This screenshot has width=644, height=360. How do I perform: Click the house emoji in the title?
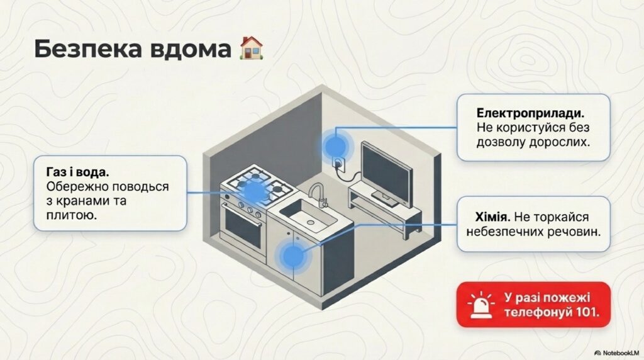pos(252,48)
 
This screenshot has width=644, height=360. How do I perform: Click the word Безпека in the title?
pos(81,48)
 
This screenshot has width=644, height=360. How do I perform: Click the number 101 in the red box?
pos(586,312)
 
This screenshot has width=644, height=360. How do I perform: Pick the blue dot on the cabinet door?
pos(291,257)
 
